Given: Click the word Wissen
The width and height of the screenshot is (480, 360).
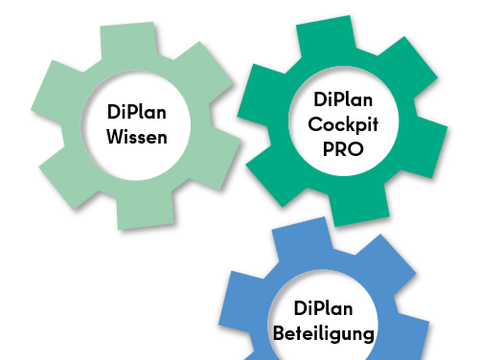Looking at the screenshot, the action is [137, 137].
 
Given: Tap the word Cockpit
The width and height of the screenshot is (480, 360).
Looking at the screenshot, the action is [343, 125].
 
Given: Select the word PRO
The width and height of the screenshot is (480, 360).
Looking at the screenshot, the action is [343, 149].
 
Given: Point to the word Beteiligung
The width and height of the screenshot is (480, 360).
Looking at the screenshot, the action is [323, 334].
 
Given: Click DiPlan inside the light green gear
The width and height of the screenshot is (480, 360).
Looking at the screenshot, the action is [137, 112].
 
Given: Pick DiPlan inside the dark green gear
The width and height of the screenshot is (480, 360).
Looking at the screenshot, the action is [343, 99].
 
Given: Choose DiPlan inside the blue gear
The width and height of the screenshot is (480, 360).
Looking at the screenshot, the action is [323, 308].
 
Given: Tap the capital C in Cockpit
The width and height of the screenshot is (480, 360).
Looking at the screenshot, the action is [316, 124].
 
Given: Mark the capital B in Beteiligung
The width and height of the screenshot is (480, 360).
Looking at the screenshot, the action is [279, 333].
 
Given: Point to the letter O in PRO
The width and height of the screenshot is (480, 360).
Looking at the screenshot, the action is [355, 149].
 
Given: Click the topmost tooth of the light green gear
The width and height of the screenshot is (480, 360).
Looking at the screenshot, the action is [128, 39].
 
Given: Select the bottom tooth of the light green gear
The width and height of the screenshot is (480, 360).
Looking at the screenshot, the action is [146, 211].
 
